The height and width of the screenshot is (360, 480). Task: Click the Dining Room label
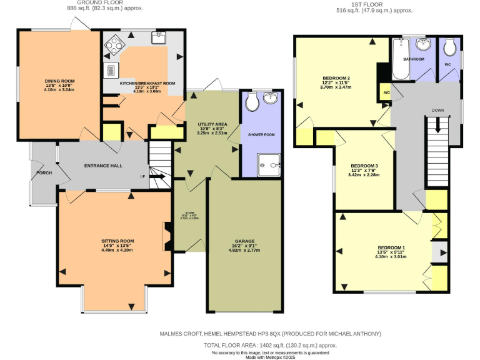pos(59,81)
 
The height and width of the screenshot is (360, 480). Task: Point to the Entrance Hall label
pos(103,166)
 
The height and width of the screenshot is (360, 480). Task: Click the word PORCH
pos(44,172)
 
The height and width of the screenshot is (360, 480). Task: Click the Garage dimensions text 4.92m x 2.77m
pos(244,250)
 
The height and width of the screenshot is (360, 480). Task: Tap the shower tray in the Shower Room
pos(270,166)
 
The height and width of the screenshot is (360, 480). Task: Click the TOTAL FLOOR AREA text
pos(271,345)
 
